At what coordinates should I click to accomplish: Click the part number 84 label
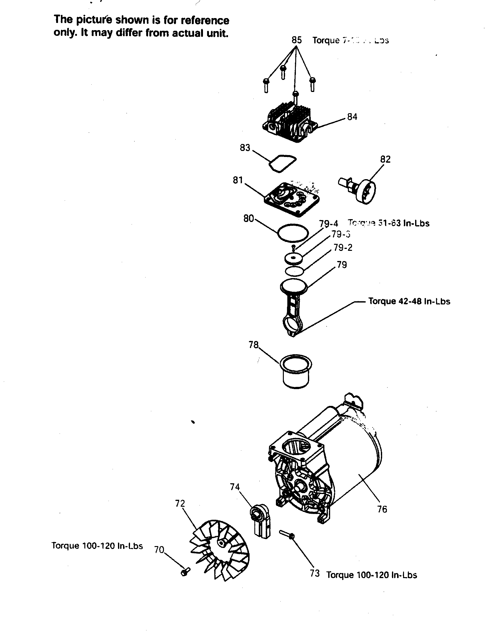(x=352, y=117)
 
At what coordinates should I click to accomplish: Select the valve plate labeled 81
(x=292, y=199)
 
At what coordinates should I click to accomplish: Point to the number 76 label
(x=382, y=509)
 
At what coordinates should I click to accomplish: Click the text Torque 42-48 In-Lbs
(x=409, y=301)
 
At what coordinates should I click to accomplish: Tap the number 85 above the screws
(x=297, y=40)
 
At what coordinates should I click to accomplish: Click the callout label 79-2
(x=343, y=248)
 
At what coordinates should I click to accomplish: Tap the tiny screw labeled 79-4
(x=294, y=247)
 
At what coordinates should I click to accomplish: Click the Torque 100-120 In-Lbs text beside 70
(x=97, y=546)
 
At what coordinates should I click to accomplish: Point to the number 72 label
(x=180, y=504)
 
